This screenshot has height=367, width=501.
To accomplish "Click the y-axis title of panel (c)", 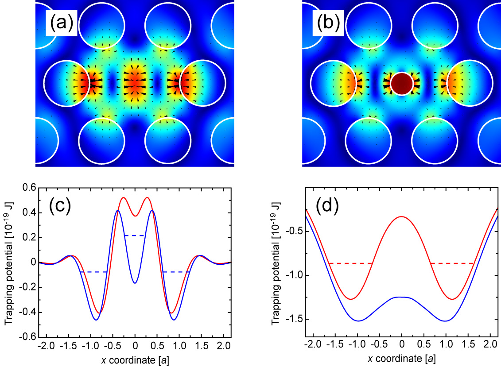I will click(x=9, y=262).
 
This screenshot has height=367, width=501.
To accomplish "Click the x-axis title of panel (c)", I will click(x=135, y=360).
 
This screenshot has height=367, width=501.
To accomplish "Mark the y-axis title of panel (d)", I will click(x=276, y=262).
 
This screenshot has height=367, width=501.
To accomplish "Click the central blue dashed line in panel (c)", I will click(x=135, y=236).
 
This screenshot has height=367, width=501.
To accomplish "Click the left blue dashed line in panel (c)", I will click(x=94, y=272).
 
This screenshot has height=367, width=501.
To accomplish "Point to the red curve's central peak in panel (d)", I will click(x=401, y=216).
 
